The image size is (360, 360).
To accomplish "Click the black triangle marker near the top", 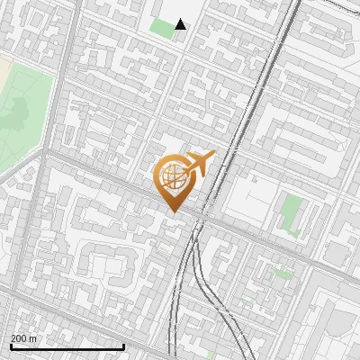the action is coord(181,24).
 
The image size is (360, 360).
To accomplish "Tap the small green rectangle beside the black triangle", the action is coord(162,28).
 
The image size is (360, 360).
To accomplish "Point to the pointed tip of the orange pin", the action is coord(173,212).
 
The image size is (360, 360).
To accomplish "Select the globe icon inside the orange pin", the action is coord(172,178).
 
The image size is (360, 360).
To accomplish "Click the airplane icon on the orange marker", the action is coord(200,164).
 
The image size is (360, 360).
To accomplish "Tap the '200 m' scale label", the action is coord(24,338).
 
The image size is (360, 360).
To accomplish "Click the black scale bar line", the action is coord(67,346).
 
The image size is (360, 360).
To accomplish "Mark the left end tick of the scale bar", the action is coord(11,345).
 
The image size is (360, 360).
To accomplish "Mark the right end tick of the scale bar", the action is coord(123,345).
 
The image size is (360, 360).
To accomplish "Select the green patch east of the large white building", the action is coord(290,214).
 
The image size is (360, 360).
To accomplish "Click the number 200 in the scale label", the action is coord(19,338).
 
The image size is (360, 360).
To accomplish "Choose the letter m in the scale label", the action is coord(34,338).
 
